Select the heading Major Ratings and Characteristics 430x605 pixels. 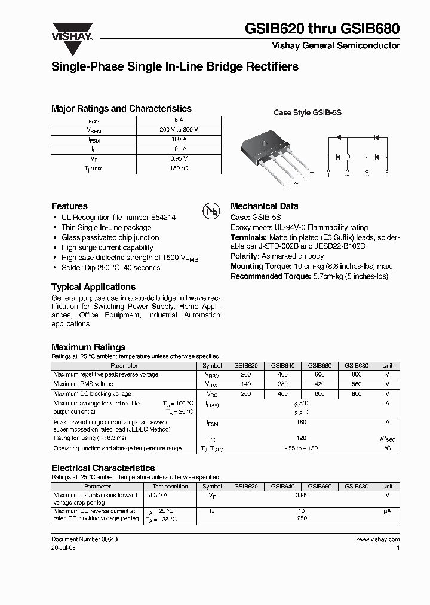coord(121,109)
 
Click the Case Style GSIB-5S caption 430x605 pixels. coord(307,112)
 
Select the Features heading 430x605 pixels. coord(69,206)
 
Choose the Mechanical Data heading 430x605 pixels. coord(264,206)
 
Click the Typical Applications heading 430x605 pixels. coord(93,287)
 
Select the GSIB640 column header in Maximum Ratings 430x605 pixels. coord(282,366)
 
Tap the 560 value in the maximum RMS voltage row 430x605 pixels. coord(357,384)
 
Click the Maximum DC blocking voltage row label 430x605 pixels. coord(92,394)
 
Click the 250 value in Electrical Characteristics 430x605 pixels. coord(301,518)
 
